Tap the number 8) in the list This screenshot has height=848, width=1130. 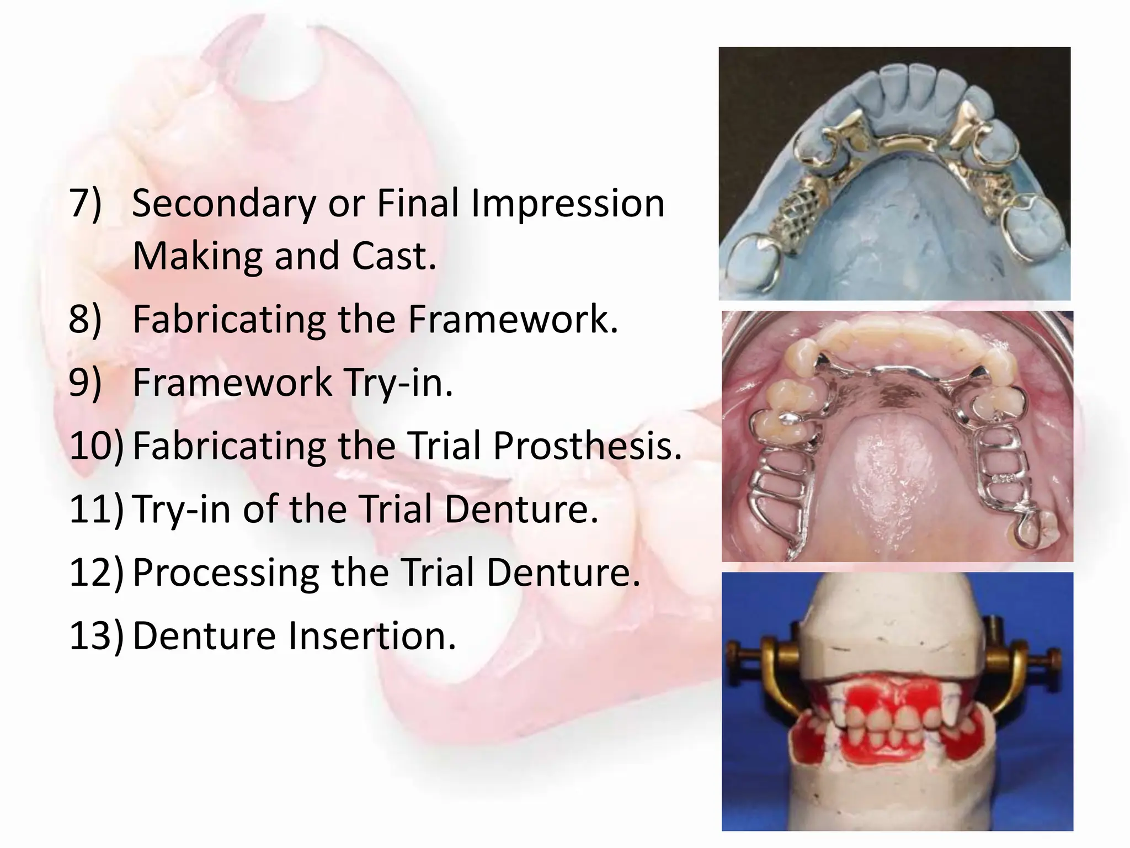click(86, 320)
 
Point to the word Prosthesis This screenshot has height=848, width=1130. click(587, 446)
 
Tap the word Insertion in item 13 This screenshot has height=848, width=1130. click(372, 636)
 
